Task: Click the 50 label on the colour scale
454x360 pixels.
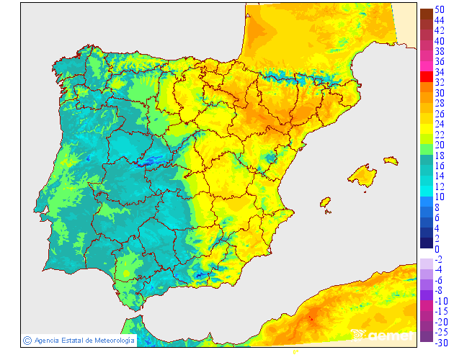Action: pos(440,9)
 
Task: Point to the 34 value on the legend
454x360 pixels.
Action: pos(440,72)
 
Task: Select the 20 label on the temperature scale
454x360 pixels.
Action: pos(440,145)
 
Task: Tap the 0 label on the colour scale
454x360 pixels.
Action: pos(437,249)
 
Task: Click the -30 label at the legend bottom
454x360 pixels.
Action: pos(441,343)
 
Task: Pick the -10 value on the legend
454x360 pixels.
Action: pos(441,301)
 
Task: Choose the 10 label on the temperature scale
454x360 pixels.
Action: pos(440,197)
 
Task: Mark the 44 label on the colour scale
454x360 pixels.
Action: pos(440,20)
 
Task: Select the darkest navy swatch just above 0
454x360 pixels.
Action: pos(427,243)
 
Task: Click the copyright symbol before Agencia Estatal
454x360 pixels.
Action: pos(27,340)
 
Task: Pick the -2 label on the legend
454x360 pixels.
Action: pos(441,259)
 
